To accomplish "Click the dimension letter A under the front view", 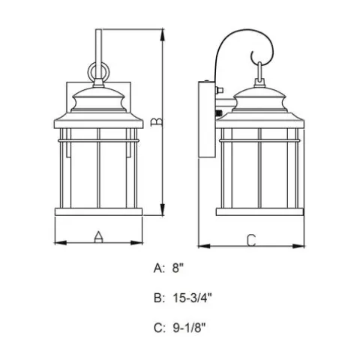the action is (98, 237).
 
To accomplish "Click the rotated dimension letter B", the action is (157, 121).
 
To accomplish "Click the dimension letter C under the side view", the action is (251, 240).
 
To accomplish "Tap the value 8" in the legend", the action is (178, 268).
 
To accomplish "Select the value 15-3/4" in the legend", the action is (192, 298).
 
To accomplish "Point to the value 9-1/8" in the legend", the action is (189, 328).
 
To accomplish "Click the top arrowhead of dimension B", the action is (163, 35).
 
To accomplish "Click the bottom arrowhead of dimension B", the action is (163, 209).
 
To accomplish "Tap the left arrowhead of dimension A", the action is (61, 242).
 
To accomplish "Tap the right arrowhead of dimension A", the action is (136, 242).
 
